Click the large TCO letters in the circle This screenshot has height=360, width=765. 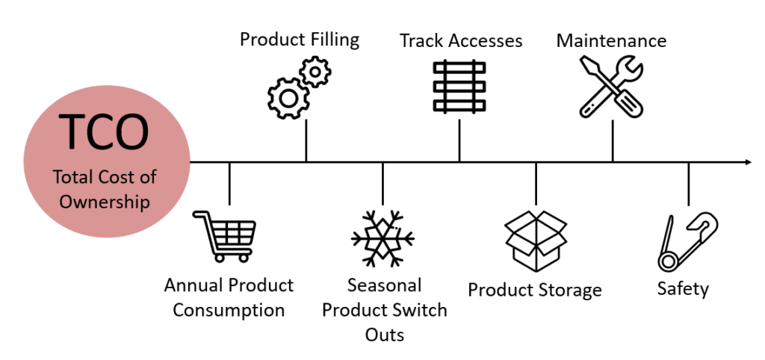(104, 132)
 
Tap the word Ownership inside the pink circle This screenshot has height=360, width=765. (105, 202)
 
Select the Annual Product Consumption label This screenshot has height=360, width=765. (229, 297)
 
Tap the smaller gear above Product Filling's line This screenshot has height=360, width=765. (315, 72)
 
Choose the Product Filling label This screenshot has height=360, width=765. (299, 39)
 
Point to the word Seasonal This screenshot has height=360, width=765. (384, 285)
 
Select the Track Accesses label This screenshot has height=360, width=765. (460, 40)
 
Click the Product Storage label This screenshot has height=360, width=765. (534, 290)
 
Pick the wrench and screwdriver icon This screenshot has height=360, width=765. (611, 87)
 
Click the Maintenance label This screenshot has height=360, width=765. (611, 40)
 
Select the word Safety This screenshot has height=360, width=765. (683, 288)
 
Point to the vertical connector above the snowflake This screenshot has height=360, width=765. (382, 183)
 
